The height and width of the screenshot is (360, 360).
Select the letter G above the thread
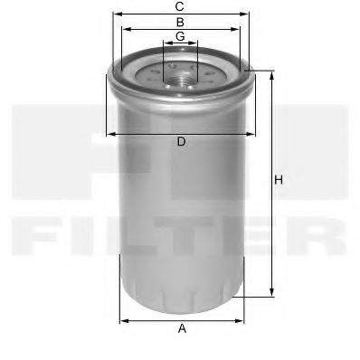click(181, 35)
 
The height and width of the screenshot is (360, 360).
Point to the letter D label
click(181, 142)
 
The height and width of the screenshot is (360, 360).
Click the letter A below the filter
click(182, 329)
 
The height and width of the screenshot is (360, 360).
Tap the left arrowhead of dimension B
click(124, 29)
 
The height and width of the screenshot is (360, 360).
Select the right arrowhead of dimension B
click(238, 29)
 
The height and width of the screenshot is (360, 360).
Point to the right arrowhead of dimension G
click(194, 43)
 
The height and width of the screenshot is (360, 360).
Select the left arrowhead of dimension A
click(123, 319)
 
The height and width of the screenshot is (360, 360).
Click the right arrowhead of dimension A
click(241, 319)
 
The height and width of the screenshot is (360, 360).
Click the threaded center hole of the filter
click(181, 71)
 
